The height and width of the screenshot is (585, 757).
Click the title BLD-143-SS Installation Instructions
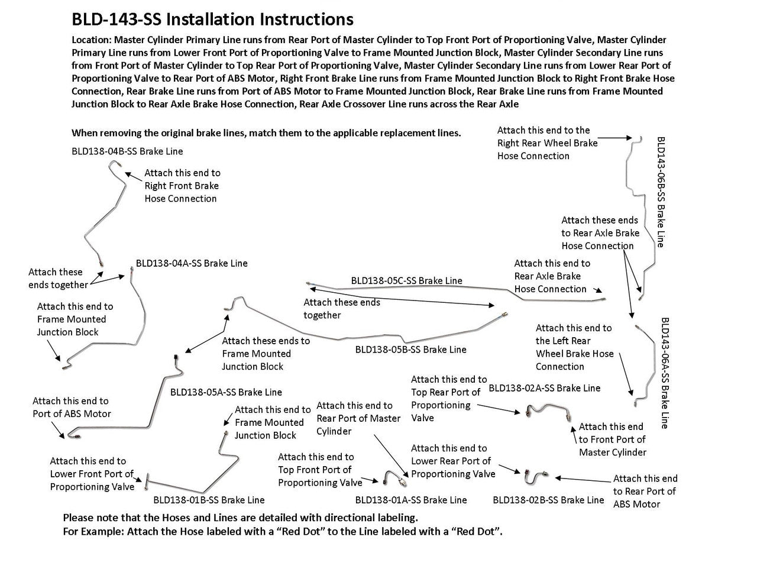click(212, 20)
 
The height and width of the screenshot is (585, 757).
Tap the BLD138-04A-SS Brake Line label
click(192, 263)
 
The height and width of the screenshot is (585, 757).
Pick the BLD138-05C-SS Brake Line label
click(406, 280)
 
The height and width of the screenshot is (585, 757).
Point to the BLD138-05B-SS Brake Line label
click(410, 350)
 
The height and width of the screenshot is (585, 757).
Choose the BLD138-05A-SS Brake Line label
click(226, 392)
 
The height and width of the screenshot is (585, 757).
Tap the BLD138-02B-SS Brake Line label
click(548, 500)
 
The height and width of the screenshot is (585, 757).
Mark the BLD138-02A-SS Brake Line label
click(544, 389)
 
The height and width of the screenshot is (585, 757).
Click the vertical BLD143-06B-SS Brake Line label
click(661, 192)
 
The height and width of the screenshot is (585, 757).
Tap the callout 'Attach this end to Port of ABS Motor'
click(72, 408)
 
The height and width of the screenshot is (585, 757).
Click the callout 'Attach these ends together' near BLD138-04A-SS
click(58, 279)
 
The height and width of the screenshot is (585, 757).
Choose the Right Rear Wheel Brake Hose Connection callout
click(547, 143)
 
